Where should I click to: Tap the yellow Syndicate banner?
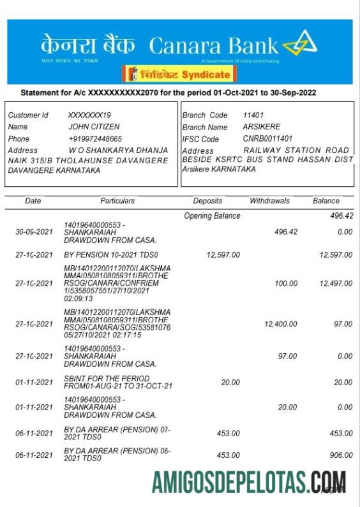coord(177,75)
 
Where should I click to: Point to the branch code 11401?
coord(253,115)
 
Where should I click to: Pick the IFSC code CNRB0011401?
coord(267,138)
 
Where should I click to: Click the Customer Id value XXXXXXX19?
coord(89,115)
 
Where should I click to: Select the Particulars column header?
coord(117,201)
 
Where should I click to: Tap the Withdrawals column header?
coord(269,201)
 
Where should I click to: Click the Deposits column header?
coord(207,201)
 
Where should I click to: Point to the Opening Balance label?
coord(212,216)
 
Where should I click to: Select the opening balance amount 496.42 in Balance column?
coord(341,216)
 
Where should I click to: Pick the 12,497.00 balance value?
coord(336,283)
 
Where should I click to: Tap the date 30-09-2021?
coord(34,232)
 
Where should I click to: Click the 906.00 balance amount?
coord(341,455)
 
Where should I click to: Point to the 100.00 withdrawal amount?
coord(285,283)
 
